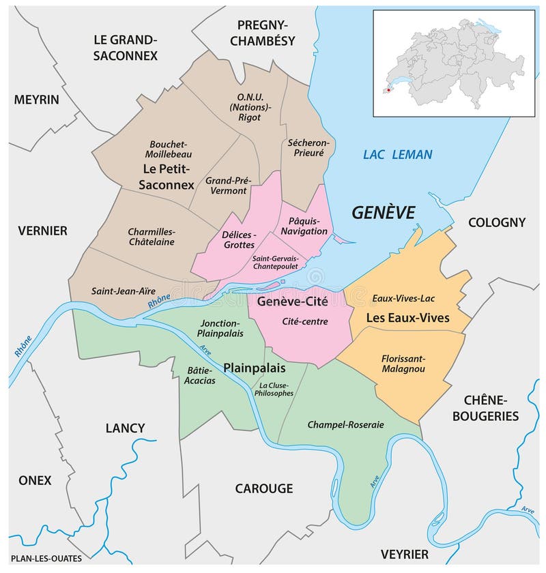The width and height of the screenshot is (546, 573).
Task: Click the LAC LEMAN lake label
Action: (397, 155)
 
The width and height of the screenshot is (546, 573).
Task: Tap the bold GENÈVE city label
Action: (383, 213)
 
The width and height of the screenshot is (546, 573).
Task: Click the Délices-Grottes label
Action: (238, 239)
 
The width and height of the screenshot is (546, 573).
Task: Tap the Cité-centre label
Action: (304, 321)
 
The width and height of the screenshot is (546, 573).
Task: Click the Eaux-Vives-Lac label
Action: (403, 298)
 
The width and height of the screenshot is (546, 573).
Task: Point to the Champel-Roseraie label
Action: (345, 424)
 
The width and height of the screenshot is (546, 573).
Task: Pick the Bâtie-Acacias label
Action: (199, 375)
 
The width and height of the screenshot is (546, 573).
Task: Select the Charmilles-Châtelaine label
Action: (151, 236)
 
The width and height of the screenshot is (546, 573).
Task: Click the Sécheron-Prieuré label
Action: (308, 148)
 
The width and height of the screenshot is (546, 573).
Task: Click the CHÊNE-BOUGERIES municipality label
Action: (491, 407)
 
